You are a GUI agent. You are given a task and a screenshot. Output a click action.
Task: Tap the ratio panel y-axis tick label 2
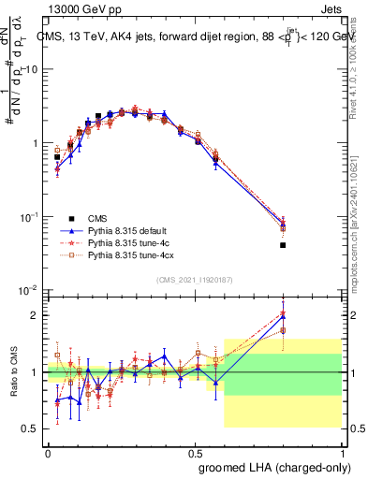36,315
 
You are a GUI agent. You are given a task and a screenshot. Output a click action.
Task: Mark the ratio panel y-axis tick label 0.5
32,428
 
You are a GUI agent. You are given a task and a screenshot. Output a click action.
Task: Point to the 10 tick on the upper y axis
32,70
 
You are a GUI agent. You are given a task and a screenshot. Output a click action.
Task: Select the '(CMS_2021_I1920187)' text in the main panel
195,280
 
